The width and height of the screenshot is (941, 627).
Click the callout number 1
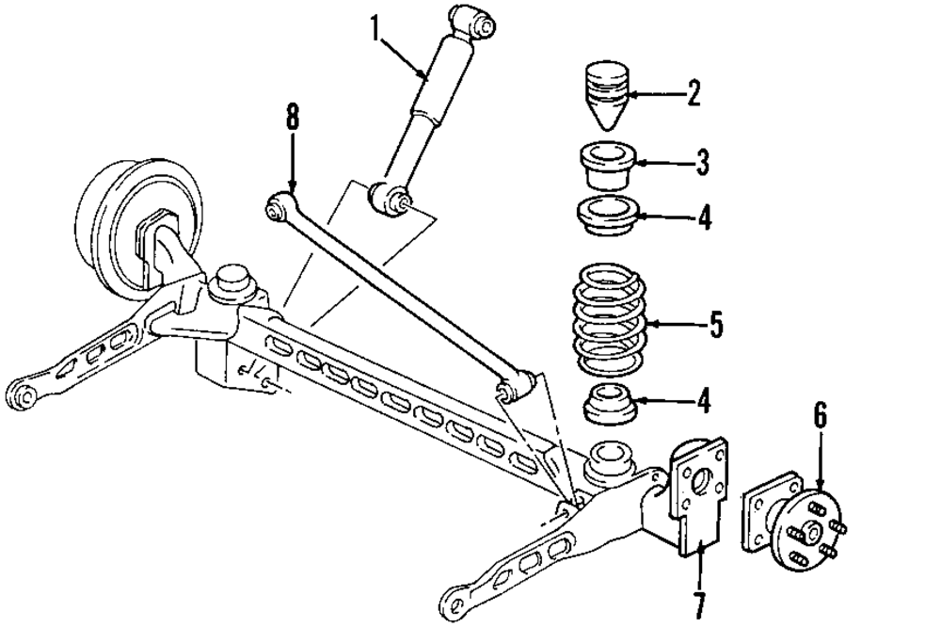pos(375,27)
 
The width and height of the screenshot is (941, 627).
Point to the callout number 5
pos(715,326)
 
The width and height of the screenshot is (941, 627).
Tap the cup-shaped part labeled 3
pos(607,164)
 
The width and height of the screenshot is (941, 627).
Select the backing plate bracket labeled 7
pos(698,494)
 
